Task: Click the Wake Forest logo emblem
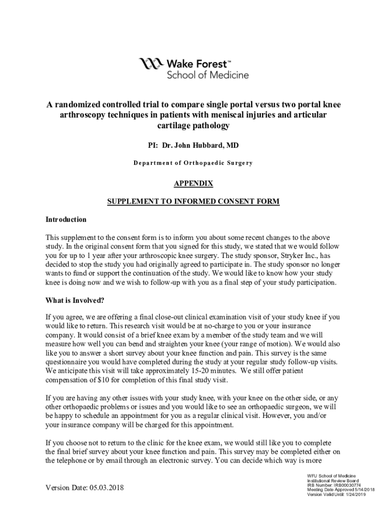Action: [151, 64]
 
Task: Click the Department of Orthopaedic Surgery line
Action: [193, 163]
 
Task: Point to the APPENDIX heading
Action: [193, 184]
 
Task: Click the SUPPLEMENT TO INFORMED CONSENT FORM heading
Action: [193, 202]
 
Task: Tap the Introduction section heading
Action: [66, 220]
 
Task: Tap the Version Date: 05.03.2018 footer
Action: [84, 488]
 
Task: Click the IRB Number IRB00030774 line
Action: [334, 485]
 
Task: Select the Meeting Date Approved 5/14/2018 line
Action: [340, 489]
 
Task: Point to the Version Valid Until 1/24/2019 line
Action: [337, 494]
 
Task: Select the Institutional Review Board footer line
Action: [333, 480]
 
